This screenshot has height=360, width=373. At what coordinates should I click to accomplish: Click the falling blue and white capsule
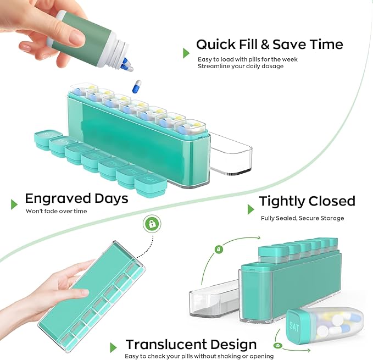pyautogui.click(x=137, y=86)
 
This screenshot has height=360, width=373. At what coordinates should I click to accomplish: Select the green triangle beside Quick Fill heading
pyautogui.click(x=187, y=52)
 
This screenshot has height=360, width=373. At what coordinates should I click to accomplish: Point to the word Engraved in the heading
pyautogui.click(x=58, y=198)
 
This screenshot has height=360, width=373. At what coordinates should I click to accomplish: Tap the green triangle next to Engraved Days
pyautogui.click(x=14, y=204)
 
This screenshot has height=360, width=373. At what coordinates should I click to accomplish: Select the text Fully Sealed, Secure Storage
pyautogui.click(x=302, y=218)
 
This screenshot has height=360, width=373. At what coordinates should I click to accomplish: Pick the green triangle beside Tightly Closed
pyautogui.click(x=250, y=209)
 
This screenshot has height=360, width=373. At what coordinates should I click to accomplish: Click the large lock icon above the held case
pyautogui.click(x=151, y=224)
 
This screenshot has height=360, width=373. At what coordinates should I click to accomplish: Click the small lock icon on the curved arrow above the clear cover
pyautogui.click(x=219, y=249)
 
